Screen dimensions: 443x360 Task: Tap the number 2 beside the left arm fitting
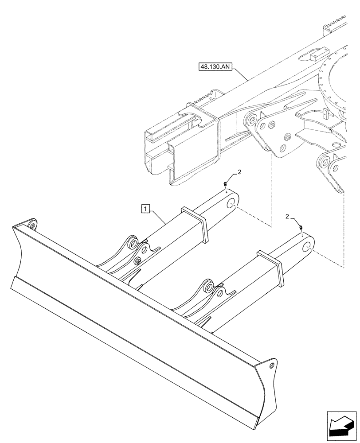(239, 172)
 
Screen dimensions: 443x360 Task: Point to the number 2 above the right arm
(288, 217)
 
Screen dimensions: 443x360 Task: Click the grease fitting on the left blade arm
(226, 184)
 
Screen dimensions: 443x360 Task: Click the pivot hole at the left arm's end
(231, 203)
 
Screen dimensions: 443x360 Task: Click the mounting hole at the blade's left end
(31, 225)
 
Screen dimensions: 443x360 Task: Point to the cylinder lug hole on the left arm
(132, 245)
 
